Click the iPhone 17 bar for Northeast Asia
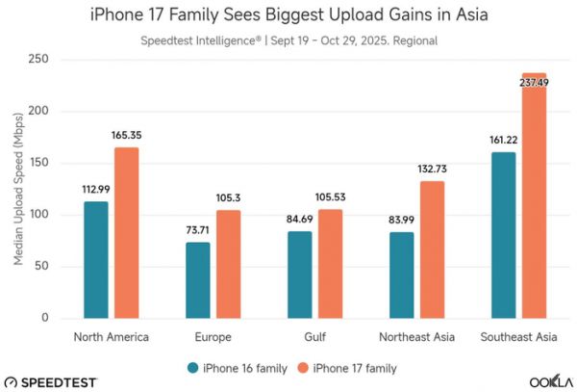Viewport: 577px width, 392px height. coord(432,249)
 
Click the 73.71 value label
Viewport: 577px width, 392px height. coord(198,231)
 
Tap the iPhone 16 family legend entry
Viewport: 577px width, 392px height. coord(240,366)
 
